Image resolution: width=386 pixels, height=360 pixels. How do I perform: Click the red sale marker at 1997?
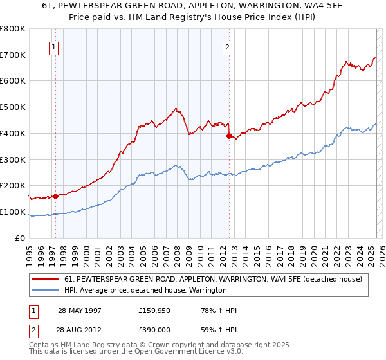point(56,196)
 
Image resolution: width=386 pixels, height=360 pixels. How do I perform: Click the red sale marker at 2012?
point(229,136)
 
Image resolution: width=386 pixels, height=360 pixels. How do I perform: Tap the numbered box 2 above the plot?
point(227,46)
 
